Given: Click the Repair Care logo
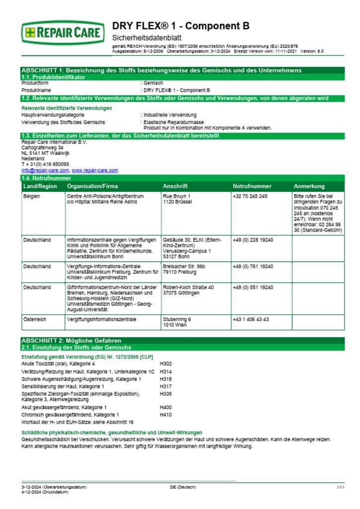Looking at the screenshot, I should coord(63,33).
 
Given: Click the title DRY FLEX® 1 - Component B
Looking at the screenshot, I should coord(181,26).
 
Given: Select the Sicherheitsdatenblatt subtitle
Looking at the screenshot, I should coord(147,38).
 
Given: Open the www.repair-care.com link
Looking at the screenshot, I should coord(95,170).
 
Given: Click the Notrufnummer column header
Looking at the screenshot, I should coord(252,186).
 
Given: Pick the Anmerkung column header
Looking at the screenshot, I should coord(309,186).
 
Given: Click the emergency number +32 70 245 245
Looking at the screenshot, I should coord(250,196).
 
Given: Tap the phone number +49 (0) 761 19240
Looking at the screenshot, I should coord(253,266).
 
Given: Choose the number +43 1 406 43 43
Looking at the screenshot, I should coord(251,319).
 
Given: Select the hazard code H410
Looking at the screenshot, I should coord(166,415).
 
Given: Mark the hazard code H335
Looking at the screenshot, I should coord(166,393).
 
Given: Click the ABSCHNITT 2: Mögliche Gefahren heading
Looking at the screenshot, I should coord(71,340).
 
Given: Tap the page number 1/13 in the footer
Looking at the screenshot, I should coord(340,487).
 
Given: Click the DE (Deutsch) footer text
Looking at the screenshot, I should coord(183,487).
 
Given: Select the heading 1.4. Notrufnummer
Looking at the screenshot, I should coord(46,178).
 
